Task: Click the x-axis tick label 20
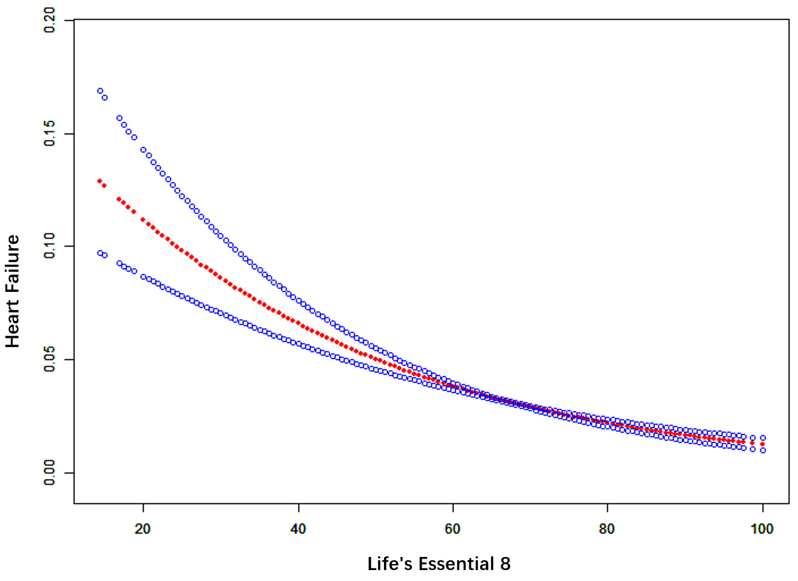pyautogui.click(x=143, y=529)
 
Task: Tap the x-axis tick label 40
pyautogui.click(x=298, y=529)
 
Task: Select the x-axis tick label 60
pyautogui.click(x=453, y=529)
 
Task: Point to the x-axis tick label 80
pyautogui.click(x=607, y=529)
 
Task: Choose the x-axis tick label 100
pyautogui.click(x=762, y=529)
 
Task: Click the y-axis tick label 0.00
pyautogui.click(x=50, y=472)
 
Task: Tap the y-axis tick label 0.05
pyautogui.click(x=50, y=359)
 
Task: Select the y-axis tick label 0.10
pyautogui.click(x=50, y=246)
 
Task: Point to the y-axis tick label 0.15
pyautogui.click(x=50, y=133)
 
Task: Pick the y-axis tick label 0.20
pyautogui.click(x=50, y=20)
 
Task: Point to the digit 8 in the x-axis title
pyautogui.click(x=505, y=564)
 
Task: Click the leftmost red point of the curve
pyautogui.click(x=100, y=181)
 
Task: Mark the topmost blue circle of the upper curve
pyautogui.click(x=100, y=91)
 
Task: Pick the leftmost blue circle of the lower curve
pyautogui.click(x=100, y=253)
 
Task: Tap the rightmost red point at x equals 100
pyautogui.click(x=762, y=444)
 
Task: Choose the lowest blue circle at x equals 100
pyautogui.click(x=762, y=450)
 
